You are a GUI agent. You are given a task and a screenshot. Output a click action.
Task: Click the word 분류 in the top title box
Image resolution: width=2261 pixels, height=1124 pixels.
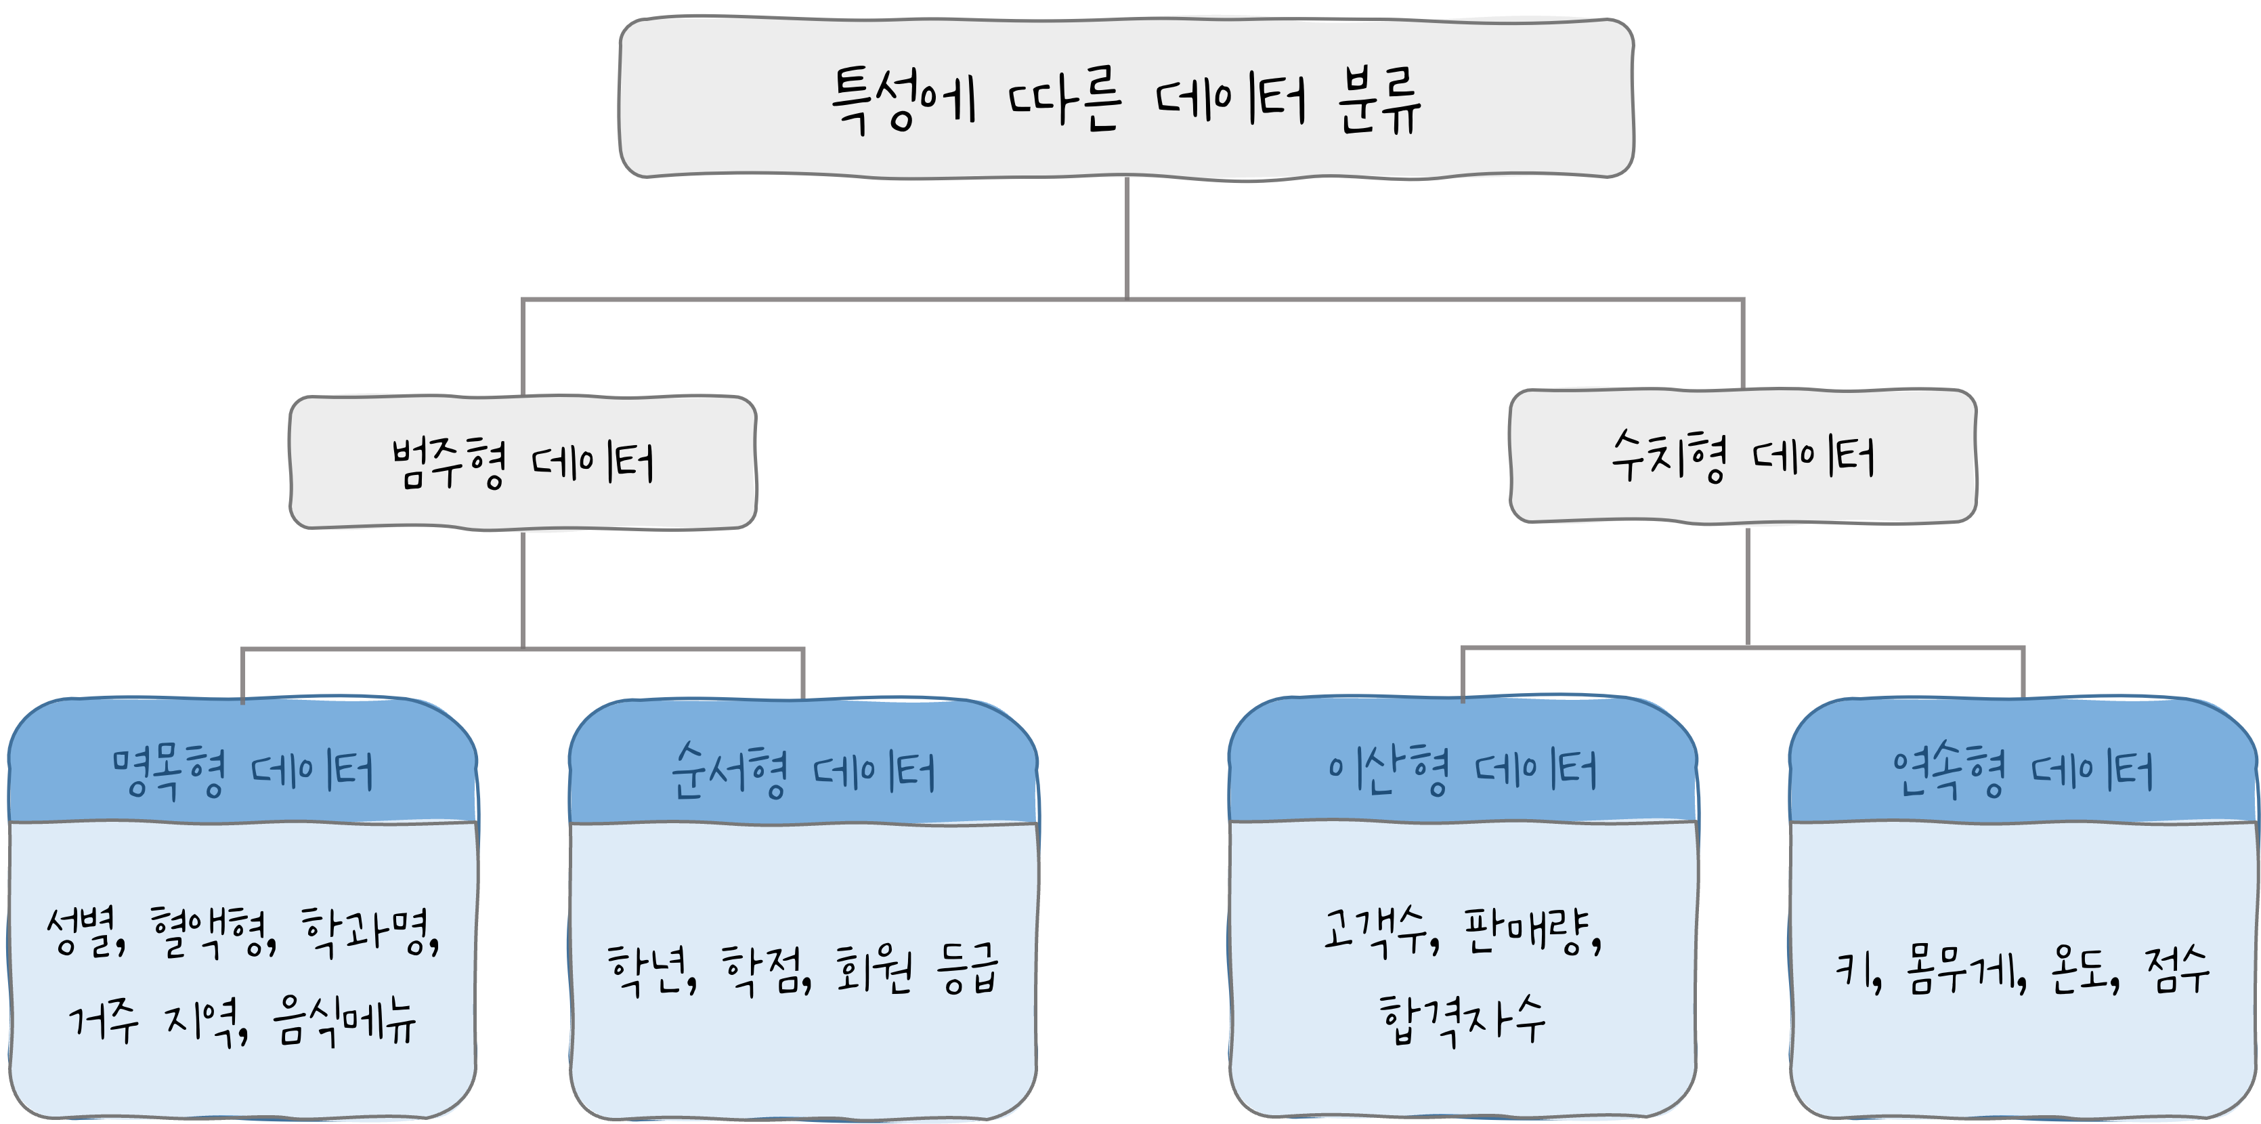(x=1378, y=104)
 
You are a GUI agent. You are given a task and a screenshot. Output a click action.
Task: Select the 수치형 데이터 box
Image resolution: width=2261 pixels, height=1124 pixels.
(x=1743, y=457)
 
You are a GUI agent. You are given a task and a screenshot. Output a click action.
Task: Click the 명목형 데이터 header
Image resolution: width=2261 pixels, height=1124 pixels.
(x=243, y=773)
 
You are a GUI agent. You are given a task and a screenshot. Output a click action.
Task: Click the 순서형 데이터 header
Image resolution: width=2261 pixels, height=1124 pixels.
(x=803, y=773)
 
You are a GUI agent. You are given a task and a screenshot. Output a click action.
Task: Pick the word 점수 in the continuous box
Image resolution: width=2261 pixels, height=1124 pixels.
(x=2177, y=971)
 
